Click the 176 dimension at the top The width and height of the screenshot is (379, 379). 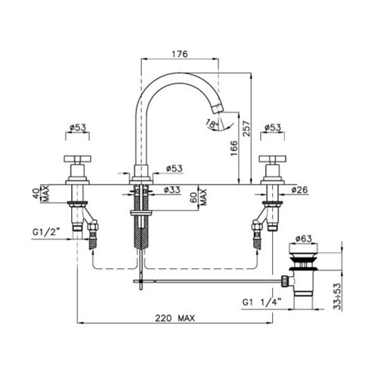(x=180, y=54)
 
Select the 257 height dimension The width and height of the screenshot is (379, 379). (x=246, y=129)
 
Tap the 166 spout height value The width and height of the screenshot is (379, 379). (x=234, y=149)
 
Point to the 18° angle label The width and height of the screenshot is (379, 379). (x=211, y=124)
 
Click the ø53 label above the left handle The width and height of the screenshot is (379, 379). (x=77, y=127)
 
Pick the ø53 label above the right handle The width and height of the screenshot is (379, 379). (x=273, y=127)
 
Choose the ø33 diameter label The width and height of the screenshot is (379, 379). (x=172, y=189)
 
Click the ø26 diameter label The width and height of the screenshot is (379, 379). (x=299, y=189)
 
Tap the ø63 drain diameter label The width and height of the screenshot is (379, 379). (x=303, y=238)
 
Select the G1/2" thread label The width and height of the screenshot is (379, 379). (x=45, y=232)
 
